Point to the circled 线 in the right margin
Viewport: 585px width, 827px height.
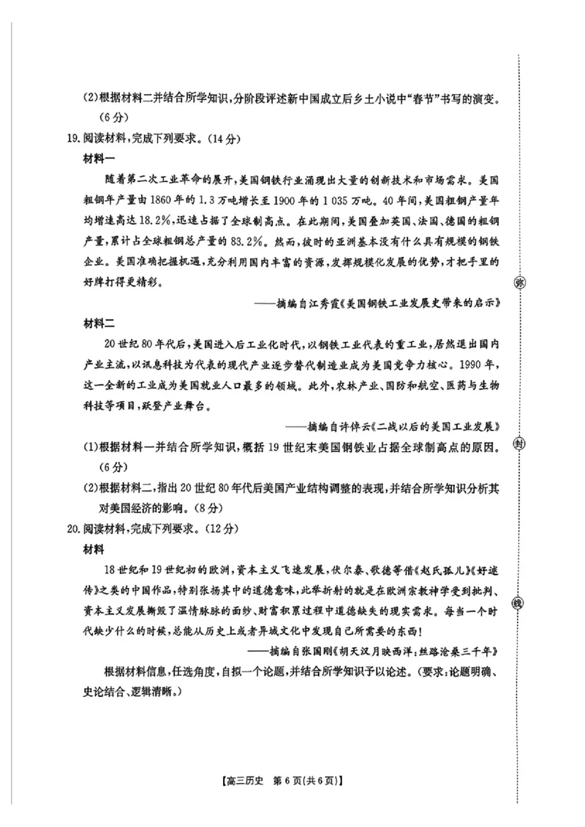519,603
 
